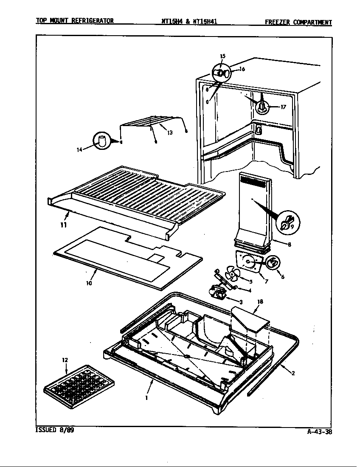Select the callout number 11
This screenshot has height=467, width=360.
(x=63, y=225)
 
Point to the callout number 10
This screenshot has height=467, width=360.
(x=89, y=283)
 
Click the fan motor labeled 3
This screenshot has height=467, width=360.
(x=218, y=292)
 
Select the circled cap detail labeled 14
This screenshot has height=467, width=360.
(x=101, y=141)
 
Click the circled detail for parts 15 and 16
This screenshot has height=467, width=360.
(x=221, y=73)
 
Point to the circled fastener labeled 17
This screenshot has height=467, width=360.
(x=262, y=106)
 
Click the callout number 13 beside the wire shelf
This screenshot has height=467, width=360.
(x=169, y=132)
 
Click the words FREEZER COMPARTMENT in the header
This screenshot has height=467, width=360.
(x=298, y=23)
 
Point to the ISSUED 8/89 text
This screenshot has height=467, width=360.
(x=51, y=430)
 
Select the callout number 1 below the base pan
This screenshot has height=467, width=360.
(x=146, y=398)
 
